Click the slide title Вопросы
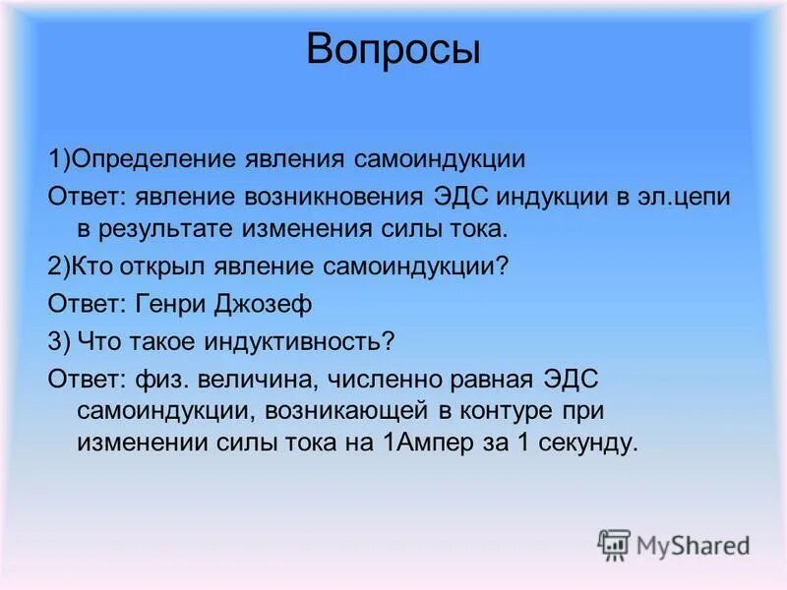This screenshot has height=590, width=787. tap(393, 49)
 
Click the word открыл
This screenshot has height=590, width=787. tap(160, 267)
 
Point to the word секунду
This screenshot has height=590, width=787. tap(589, 442)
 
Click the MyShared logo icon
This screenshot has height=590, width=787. tap(615, 545)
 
